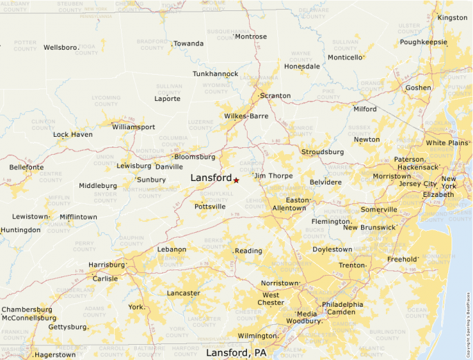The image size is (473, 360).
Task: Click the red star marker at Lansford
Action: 236,180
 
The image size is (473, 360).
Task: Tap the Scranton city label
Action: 275,96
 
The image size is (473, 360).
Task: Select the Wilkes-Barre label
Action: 245,116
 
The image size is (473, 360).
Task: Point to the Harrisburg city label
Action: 106,265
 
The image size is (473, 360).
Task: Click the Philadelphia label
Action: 342,305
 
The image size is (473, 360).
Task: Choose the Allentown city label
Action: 289,208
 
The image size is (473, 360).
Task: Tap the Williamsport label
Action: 133,127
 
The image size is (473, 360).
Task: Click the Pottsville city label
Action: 210,207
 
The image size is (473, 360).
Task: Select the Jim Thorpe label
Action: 275,176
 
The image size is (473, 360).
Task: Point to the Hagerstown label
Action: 55,354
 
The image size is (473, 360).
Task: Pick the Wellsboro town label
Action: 60,48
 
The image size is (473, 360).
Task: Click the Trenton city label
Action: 351,265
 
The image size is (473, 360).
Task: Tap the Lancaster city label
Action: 183,293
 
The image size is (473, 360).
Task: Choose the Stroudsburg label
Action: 322,152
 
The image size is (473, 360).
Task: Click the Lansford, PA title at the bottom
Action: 236,353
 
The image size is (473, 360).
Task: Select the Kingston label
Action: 452,17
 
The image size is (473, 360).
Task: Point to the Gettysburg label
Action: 68,327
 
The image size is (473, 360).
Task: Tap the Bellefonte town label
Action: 26,167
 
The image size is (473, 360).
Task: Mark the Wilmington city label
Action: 257,336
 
